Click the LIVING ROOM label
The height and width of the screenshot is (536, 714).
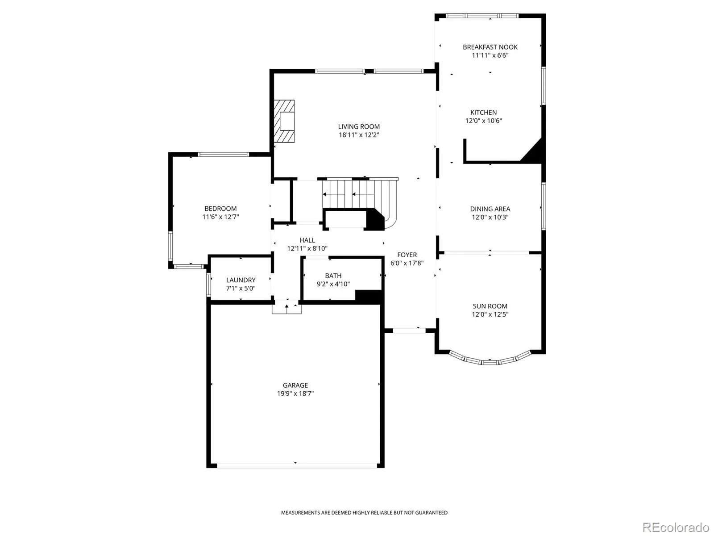point(358,126)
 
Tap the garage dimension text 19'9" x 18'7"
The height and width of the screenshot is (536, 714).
point(295,394)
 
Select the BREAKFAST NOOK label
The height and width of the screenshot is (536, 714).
point(490,47)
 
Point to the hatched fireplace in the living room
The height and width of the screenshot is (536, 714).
point(284,121)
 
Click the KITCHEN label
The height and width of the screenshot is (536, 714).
point(483,113)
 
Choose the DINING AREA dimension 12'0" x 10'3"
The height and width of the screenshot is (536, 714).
point(490,217)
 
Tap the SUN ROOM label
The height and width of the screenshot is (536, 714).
point(490,306)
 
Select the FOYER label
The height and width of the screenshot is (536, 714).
point(407,255)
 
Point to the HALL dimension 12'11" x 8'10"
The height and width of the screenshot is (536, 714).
point(307,249)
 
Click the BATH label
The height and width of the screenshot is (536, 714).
point(333,276)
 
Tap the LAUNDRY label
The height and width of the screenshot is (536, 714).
point(241,280)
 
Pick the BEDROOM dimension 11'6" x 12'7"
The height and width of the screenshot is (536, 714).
point(220,217)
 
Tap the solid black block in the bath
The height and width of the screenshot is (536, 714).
point(368,296)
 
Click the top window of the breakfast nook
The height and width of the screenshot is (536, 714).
point(482,16)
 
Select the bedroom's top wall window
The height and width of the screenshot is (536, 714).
point(224,155)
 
